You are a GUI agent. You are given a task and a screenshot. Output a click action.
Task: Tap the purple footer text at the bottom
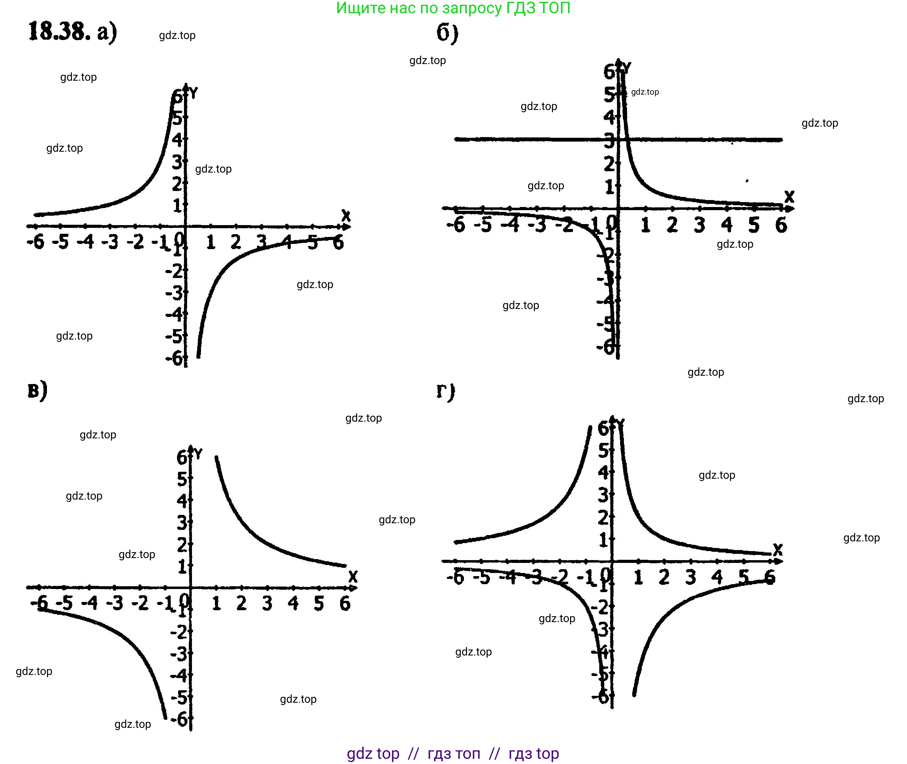(453, 753)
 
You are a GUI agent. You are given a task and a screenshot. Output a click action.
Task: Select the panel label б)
(447, 33)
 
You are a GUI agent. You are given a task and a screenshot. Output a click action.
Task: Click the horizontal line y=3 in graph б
(520, 140)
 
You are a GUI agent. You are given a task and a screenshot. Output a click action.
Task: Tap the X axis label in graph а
(345, 215)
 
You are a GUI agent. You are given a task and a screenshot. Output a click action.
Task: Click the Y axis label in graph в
(198, 454)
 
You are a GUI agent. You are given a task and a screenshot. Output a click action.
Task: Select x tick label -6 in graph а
(35, 242)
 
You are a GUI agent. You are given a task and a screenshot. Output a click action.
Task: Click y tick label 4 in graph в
(182, 501)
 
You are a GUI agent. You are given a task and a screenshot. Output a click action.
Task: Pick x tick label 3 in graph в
(267, 603)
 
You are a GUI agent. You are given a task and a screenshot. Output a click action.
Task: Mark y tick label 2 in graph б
(609, 164)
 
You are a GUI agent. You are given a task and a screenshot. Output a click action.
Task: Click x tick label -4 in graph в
(90, 603)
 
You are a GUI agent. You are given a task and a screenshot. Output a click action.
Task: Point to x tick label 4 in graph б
(727, 225)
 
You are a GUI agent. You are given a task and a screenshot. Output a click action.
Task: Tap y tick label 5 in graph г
(603, 451)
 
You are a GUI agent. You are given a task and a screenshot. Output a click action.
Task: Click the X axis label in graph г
(778, 550)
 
